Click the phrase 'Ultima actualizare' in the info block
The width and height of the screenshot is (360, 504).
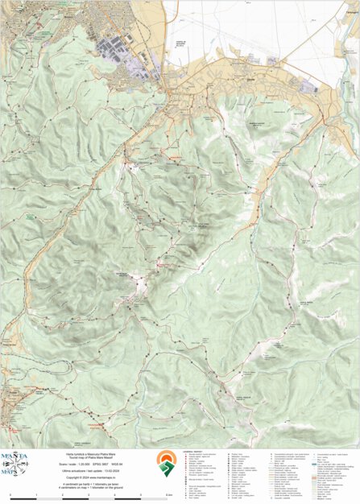click(80, 470)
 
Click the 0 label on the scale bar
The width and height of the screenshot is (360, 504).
click(10, 494)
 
